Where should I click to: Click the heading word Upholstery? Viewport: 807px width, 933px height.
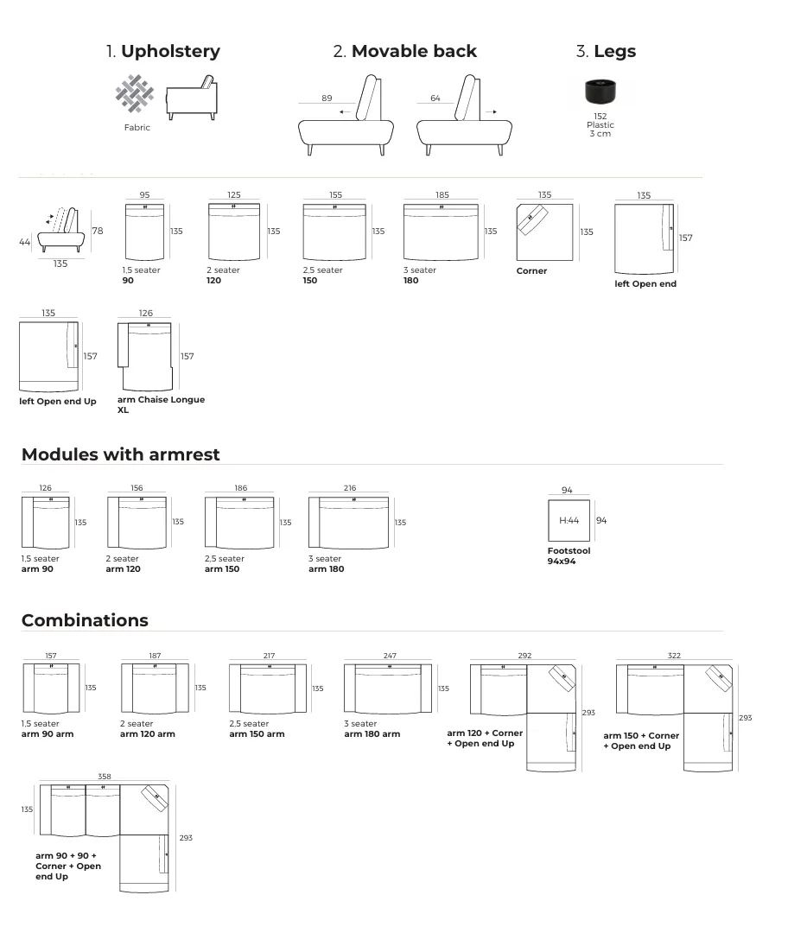[170, 51]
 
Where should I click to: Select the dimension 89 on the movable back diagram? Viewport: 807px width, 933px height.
[327, 98]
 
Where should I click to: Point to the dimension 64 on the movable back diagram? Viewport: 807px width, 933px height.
[435, 98]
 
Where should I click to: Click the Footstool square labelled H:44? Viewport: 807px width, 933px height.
[569, 521]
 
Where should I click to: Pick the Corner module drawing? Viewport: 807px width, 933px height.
[544, 232]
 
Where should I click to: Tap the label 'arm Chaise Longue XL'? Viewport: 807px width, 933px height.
[161, 404]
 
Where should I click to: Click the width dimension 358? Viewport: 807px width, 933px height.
[105, 777]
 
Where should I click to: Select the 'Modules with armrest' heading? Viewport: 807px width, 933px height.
[121, 454]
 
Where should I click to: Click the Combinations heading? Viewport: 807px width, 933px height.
[85, 620]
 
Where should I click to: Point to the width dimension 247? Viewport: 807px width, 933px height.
[390, 657]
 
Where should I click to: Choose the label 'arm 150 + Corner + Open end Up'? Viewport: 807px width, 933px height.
[641, 740]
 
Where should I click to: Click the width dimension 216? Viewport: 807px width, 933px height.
[350, 488]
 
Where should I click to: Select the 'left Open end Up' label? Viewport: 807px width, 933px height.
[58, 402]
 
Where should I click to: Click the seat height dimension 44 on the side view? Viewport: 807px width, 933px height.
[24, 243]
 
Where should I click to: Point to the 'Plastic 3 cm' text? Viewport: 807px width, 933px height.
[600, 130]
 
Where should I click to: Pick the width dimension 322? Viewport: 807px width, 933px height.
[674, 656]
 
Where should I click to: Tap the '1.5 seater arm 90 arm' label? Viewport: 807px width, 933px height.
[48, 729]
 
